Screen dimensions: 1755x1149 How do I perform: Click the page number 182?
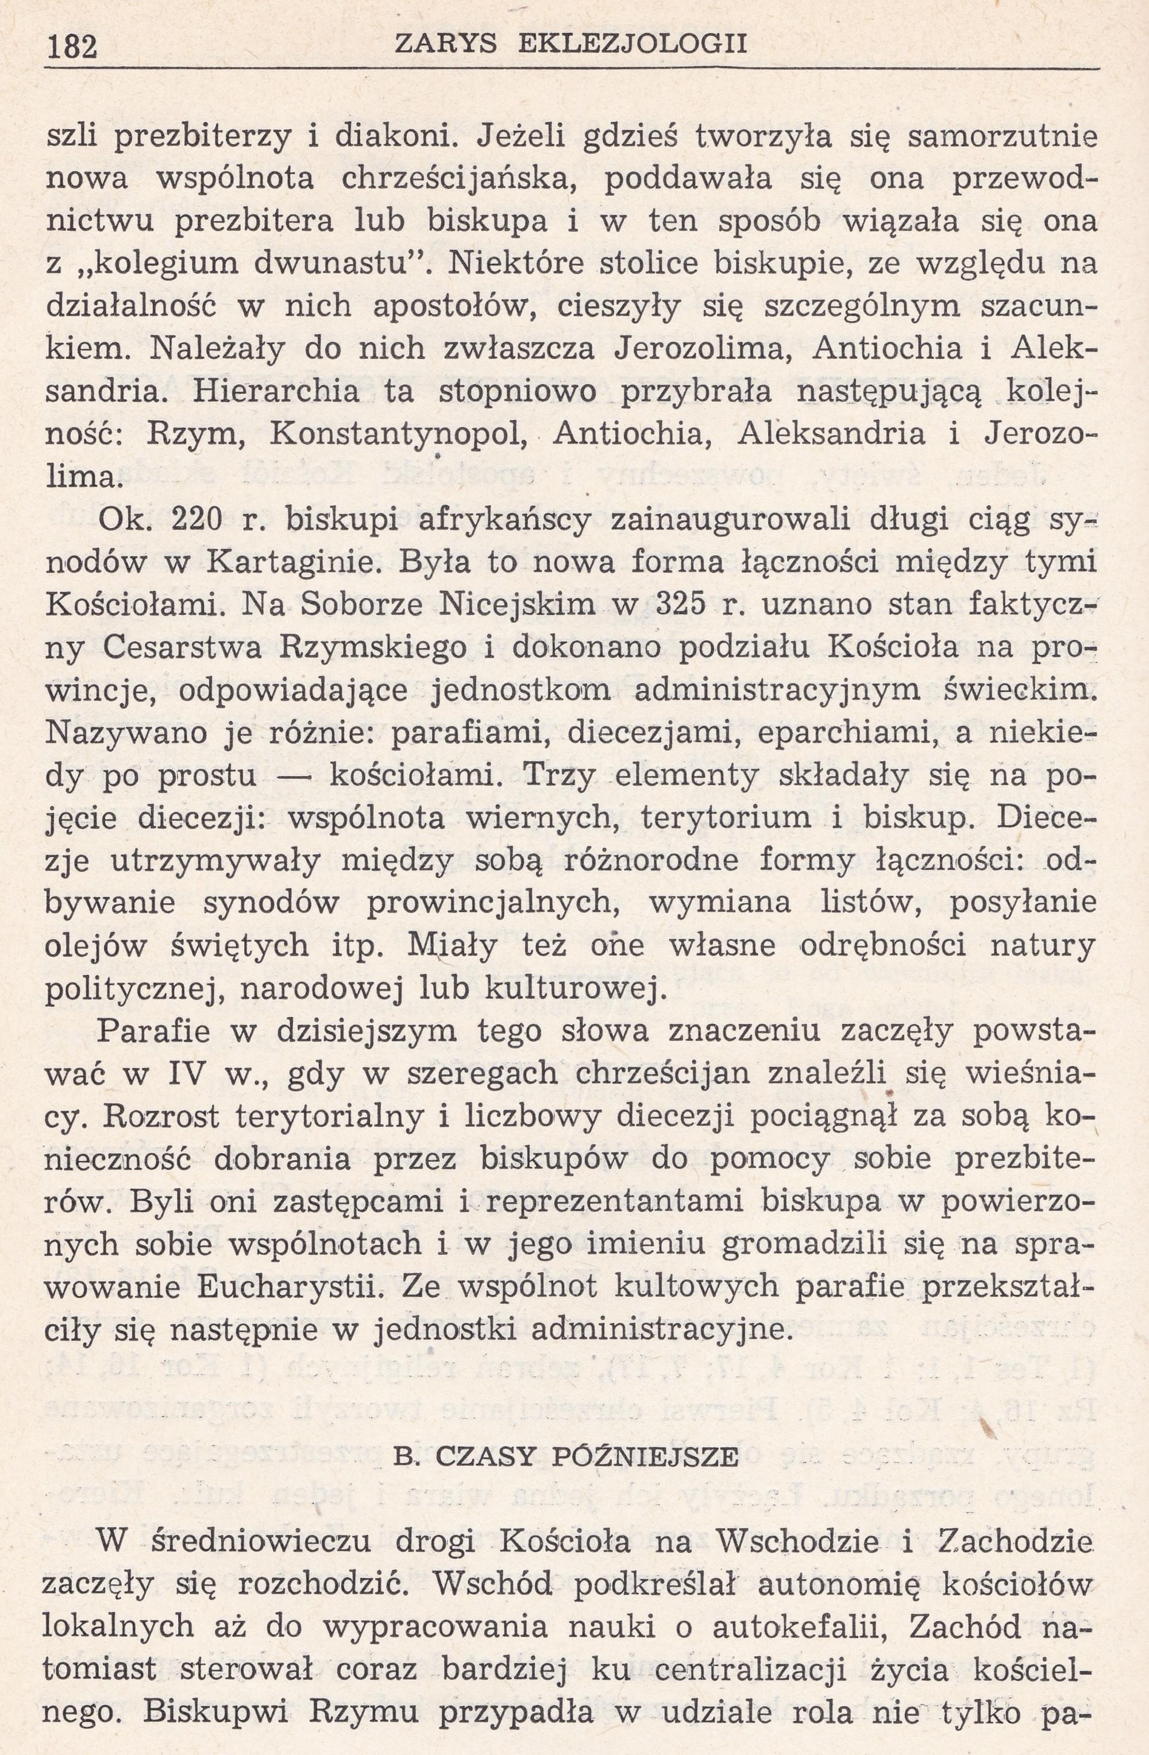(72, 47)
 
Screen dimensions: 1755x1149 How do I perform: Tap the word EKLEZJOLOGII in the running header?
(633, 44)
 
